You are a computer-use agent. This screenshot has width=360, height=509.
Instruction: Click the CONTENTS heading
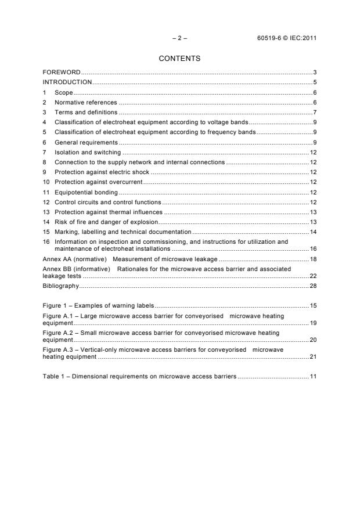(180, 59)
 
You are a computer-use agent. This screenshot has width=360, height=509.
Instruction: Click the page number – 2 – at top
(180, 38)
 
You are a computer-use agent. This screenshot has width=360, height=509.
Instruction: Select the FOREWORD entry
(62, 73)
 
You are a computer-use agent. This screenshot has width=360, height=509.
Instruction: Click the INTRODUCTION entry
(67, 82)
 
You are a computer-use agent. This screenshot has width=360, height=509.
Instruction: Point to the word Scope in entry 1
(64, 92)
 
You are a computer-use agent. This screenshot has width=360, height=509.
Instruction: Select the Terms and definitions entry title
(86, 112)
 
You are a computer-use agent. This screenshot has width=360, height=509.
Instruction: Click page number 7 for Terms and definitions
(314, 112)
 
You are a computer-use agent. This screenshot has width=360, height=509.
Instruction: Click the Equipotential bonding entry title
(86, 192)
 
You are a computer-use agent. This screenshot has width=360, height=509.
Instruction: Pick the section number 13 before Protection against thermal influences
(46, 212)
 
